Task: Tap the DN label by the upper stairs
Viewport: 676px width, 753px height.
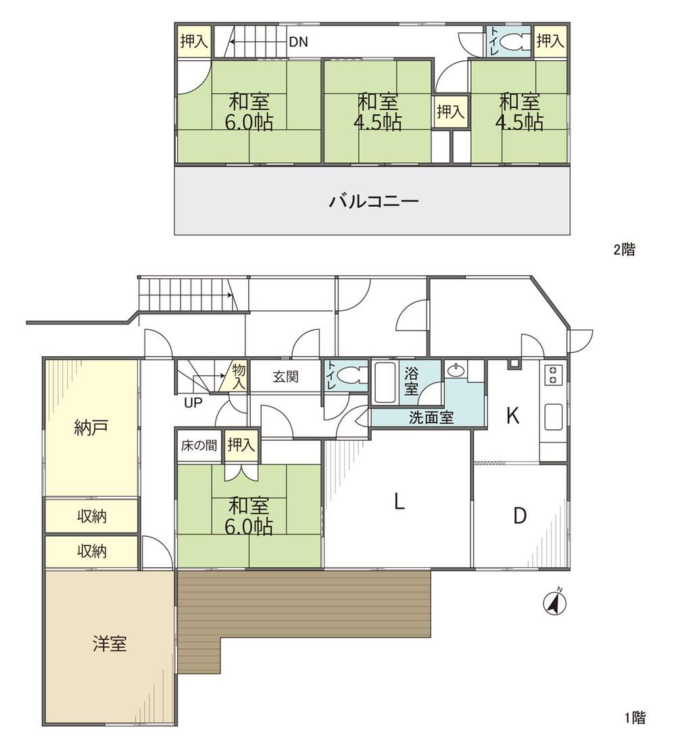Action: pos(298,43)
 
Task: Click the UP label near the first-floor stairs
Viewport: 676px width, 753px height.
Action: pos(193,402)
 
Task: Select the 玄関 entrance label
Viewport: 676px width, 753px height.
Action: pos(286,376)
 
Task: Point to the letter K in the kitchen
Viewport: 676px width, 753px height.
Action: pos(513,416)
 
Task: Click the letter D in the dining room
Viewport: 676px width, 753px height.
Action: pos(520,516)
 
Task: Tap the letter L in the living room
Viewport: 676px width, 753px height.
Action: pos(399,502)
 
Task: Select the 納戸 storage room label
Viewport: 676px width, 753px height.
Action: pos(91,427)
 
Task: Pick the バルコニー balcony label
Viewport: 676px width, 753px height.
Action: pos(374,201)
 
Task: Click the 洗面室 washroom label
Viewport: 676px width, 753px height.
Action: pos(431,417)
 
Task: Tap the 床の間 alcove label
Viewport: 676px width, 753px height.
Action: pos(199,445)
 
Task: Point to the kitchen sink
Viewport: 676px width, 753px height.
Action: pos(554,417)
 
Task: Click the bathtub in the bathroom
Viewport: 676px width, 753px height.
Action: pos(385,383)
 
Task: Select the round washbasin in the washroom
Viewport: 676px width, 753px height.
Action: pos(456,370)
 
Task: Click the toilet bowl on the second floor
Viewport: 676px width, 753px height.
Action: pos(516,42)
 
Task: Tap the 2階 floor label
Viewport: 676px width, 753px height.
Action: pos(624,249)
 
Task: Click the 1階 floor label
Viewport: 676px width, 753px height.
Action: pos(635,718)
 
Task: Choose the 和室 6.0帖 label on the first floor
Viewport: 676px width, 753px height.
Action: pos(249,516)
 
